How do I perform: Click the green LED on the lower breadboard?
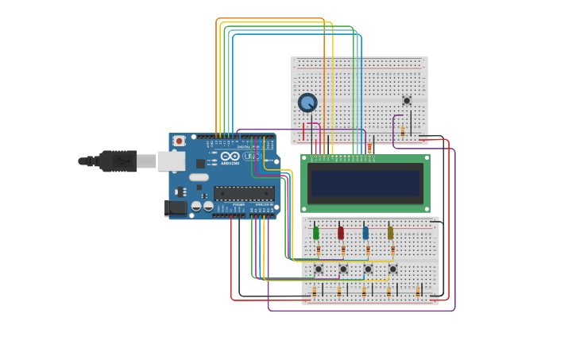coord(315,233)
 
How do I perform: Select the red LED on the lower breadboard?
coord(341,233)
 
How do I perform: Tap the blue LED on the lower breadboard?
coord(365,233)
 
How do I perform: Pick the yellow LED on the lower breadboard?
coord(390,233)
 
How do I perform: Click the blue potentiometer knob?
coord(307,103)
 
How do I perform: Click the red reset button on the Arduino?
coord(179,141)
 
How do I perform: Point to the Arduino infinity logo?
coord(230,157)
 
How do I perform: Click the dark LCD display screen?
coord(365,183)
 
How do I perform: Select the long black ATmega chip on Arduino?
coord(244,193)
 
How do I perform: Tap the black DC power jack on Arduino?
coord(176,208)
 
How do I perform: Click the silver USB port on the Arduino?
coord(171,161)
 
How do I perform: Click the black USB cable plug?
coord(118,161)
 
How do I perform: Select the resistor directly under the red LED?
coord(343,250)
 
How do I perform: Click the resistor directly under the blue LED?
coord(368,250)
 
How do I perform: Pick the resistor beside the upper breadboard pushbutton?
coord(402,131)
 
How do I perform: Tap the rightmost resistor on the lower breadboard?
coord(418,292)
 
